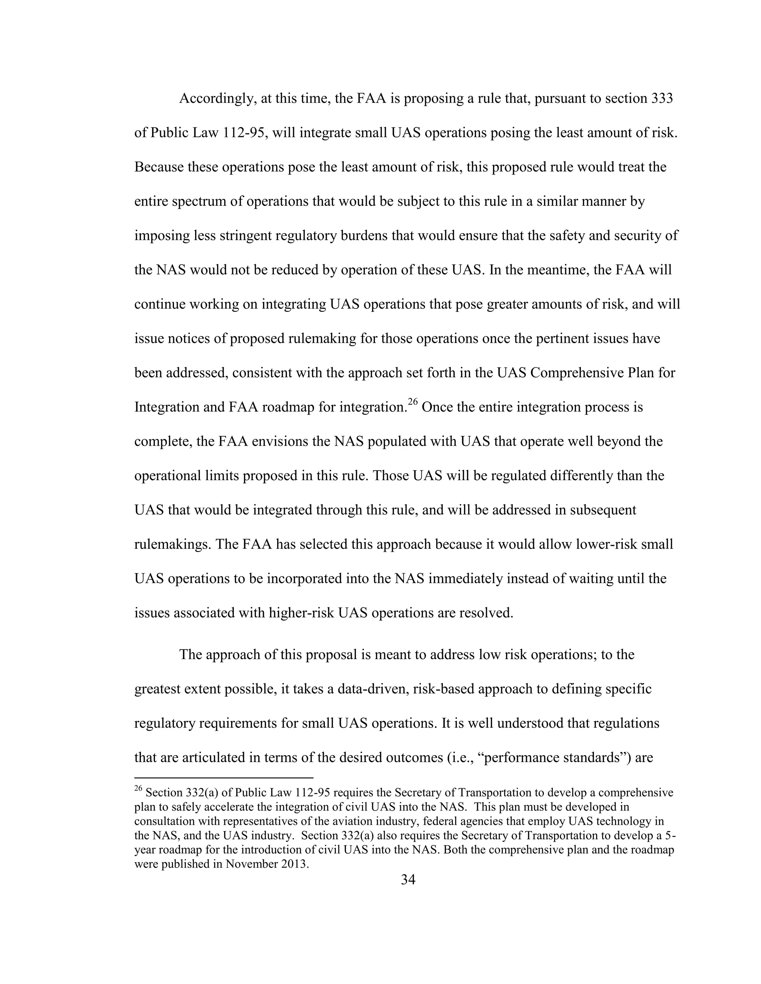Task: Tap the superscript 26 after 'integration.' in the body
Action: pos(413,401)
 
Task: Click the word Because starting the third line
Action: pos(159,167)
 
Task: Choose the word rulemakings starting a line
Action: pos(172,544)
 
